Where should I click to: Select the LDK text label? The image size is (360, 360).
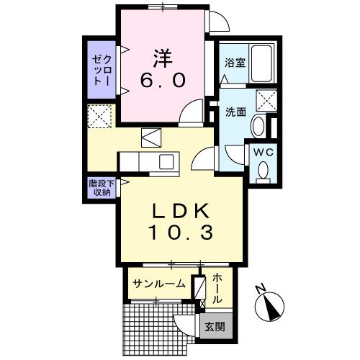179,211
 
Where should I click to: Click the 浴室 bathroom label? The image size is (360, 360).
235,63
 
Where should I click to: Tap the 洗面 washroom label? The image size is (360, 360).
235,112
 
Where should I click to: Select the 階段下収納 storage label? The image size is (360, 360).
99,188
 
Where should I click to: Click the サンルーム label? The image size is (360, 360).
159,284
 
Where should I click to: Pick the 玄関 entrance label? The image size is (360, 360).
215,326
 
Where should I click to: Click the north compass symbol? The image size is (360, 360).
271,306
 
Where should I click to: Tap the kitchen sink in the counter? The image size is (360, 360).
166,160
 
